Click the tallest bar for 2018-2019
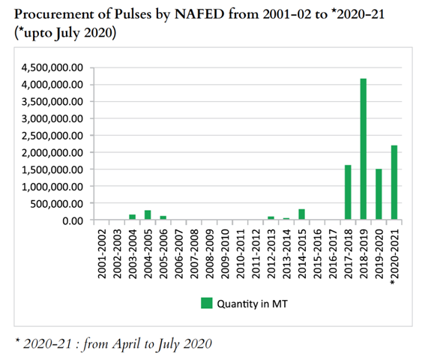[x=363, y=149]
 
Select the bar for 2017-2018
[x=348, y=192]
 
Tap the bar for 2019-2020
[x=379, y=193]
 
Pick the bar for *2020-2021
[x=394, y=182]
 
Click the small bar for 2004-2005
[x=148, y=214]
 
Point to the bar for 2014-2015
[x=302, y=214]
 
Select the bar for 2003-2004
[x=132, y=217]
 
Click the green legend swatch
[x=206, y=303]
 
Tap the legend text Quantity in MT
[x=252, y=304]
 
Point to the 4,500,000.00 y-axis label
[x=52, y=67]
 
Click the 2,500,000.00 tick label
[x=52, y=136]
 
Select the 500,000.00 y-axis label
[x=56, y=204]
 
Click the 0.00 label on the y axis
[x=73, y=220]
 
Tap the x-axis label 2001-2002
[x=102, y=253]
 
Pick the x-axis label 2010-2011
[x=241, y=253]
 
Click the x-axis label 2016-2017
[x=333, y=253]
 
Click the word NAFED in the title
[x=199, y=13]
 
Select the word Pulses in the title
[x=133, y=13]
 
